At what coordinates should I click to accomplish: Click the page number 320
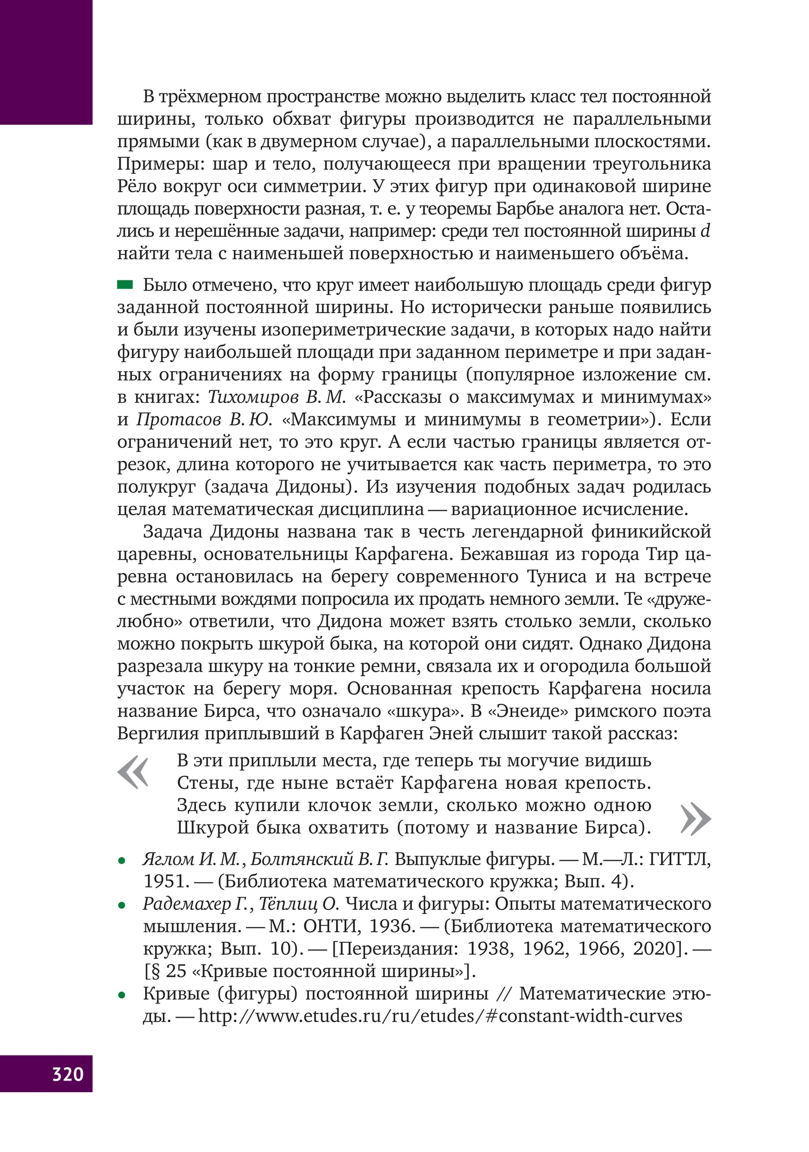[x=68, y=1073]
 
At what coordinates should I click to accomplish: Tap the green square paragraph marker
[x=125, y=285]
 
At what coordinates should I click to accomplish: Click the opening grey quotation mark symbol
[x=132, y=772]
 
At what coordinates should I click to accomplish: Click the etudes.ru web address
[x=440, y=1016]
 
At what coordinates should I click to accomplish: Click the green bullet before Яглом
[x=122, y=861]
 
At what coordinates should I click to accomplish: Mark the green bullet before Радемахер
[x=122, y=906]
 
